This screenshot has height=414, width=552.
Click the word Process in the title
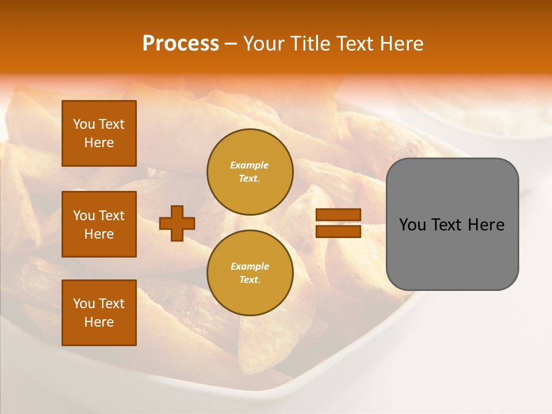(x=181, y=44)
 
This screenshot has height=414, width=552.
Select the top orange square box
(x=99, y=133)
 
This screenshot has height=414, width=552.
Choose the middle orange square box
(x=99, y=224)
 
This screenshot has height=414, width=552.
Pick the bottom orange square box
(x=99, y=313)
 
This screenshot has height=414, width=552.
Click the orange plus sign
(x=177, y=223)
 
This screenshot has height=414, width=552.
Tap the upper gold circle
(x=250, y=172)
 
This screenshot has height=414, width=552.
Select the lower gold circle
(x=250, y=273)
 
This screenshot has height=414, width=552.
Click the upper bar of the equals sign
(x=338, y=214)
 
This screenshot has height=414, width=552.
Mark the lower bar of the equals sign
(x=338, y=231)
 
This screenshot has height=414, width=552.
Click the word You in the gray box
(x=412, y=225)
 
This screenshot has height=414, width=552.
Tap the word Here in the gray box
(x=486, y=225)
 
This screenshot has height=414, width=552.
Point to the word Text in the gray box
(x=447, y=225)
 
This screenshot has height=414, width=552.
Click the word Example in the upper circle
(x=250, y=165)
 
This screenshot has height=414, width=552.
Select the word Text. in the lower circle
(x=250, y=280)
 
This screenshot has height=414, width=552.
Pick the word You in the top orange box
(x=84, y=124)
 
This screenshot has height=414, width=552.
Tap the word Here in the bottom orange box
(x=99, y=323)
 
